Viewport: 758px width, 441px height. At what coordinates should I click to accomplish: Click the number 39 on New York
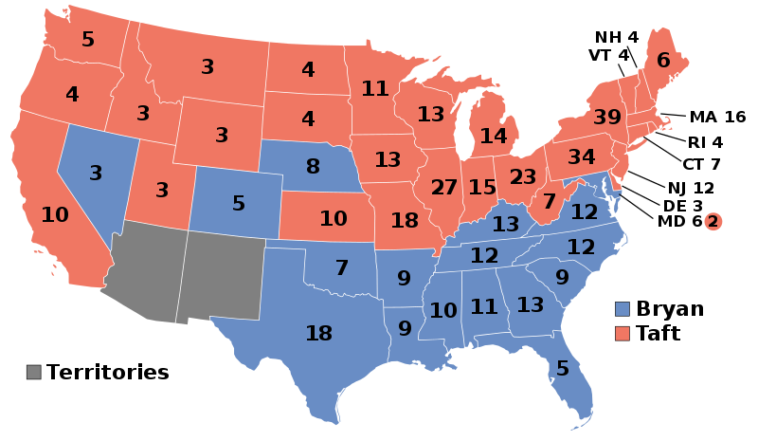point(607,118)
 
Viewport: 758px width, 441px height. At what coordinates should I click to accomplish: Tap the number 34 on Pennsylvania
point(581,156)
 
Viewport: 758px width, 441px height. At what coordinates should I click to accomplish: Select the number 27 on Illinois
point(443,188)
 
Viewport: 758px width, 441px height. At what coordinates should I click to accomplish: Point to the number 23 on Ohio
point(522,177)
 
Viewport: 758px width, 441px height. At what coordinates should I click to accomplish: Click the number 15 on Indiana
point(482,188)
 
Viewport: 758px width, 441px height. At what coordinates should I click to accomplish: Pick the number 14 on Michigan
point(493,137)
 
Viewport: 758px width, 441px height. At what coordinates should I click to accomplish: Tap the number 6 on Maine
point(663,61)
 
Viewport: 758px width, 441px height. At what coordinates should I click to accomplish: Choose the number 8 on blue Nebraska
point(313,167)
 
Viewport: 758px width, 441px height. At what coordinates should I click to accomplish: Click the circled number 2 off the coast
point(713,222)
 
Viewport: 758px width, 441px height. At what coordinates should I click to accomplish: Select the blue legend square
point(623,309)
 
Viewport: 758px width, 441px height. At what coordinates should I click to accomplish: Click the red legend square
point(623,334)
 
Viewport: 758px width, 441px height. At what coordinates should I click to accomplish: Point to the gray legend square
point(34,372)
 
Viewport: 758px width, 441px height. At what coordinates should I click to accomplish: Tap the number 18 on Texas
point(318,334)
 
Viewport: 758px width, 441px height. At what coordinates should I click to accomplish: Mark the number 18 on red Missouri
point(405,221)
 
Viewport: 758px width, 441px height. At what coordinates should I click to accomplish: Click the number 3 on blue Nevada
point(96,174)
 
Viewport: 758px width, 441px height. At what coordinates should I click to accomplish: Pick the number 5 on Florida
point(562,368)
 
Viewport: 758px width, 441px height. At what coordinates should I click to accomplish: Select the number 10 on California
point(55,215)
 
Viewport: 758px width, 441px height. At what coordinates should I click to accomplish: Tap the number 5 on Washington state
point(88,40)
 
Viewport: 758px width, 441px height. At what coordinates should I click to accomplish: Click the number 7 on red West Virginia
point(550,201)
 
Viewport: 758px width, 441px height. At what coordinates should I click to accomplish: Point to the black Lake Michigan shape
point(465,133)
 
